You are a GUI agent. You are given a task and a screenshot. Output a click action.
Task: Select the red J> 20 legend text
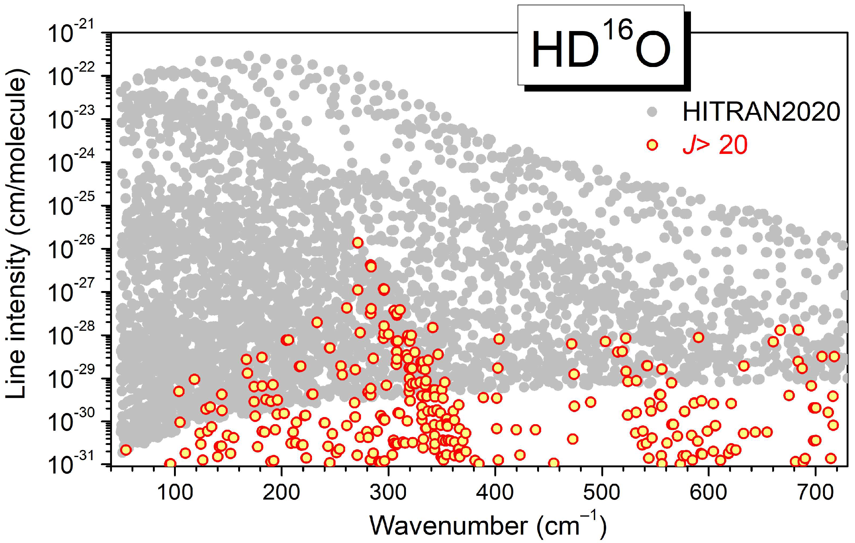pyautogui.click(x=715, y=145)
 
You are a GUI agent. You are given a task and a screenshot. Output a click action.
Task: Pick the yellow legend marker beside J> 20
pyautogui.click(x=652, y=145)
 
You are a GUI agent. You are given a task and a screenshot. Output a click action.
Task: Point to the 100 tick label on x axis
pyautogui.click(x=175, y=492)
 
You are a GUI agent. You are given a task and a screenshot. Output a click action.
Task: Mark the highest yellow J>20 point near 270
pyautogui.click(x=358, y=243)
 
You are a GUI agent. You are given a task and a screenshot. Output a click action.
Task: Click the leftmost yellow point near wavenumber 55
pyautogui.click(x=126, y=450)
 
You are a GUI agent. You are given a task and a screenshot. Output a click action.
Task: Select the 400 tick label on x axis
pyautogui.click(x=495, y=492)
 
